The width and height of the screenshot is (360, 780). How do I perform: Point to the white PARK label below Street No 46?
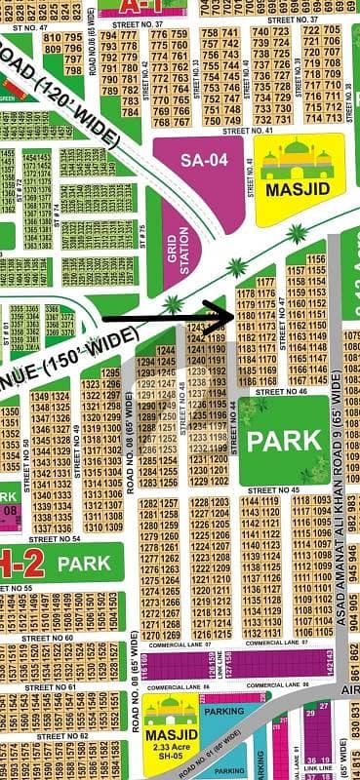pos(283,440)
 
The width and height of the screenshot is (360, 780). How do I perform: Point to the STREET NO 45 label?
pos(276,489)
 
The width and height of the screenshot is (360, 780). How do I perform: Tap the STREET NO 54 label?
pos(55,538)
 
